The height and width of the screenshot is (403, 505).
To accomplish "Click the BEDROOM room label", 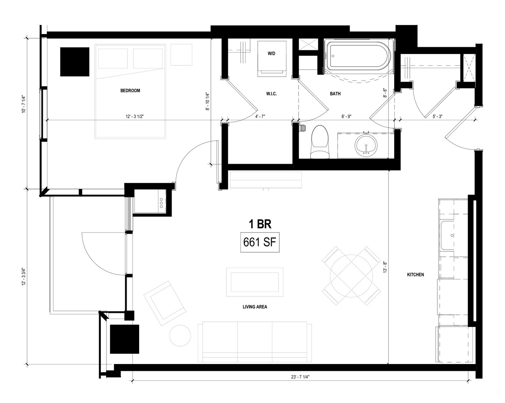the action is coord(130,91).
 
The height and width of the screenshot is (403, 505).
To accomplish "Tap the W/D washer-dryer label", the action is coord(271,54).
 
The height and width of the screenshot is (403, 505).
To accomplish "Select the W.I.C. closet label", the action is coord(271,94).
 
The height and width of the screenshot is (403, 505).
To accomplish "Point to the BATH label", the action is coord(335,94).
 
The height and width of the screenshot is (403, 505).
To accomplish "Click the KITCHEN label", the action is coord(415,274).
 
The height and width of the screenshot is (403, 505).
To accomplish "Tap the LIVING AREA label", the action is coord(255,307).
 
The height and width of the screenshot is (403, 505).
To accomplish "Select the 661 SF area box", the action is coord(260,242).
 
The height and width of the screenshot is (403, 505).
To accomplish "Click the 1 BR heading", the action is coord(260,224).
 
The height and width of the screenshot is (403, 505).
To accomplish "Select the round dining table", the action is coord(351,276).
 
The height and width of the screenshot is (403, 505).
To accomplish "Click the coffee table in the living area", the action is coord(255,282).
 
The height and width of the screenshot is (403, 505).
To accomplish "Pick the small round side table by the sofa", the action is coord(180,335).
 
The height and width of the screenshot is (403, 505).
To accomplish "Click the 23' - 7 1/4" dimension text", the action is coord(301,384).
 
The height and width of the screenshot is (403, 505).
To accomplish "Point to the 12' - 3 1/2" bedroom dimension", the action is coord(135,116).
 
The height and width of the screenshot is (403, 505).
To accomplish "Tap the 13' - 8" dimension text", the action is coord(385,267).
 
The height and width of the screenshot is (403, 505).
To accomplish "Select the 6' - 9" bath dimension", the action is coord(346,116).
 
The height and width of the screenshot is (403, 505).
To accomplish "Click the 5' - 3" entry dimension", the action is coord(437,116).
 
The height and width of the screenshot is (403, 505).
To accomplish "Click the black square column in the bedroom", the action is coord(74,62).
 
